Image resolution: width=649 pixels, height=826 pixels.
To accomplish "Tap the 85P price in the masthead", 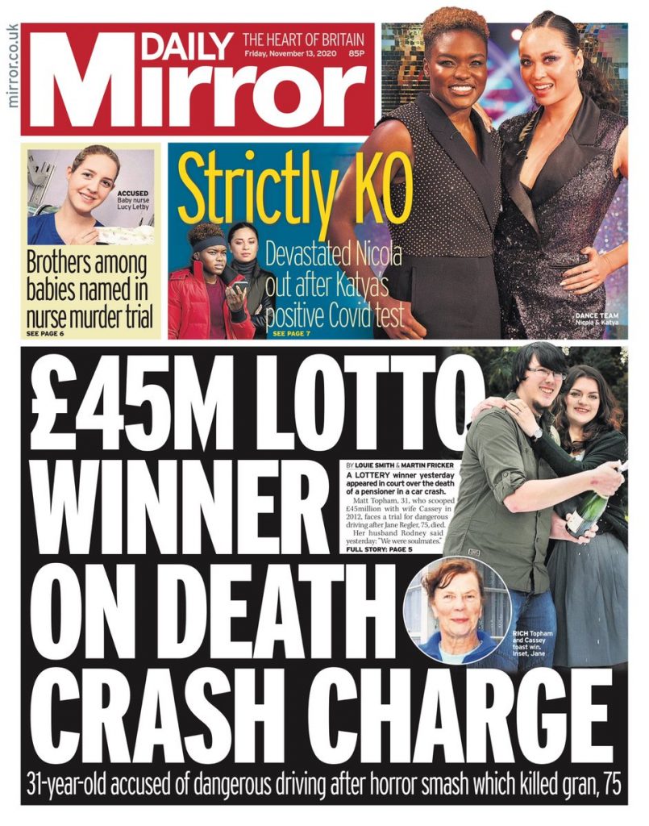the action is (x=355, y=53).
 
